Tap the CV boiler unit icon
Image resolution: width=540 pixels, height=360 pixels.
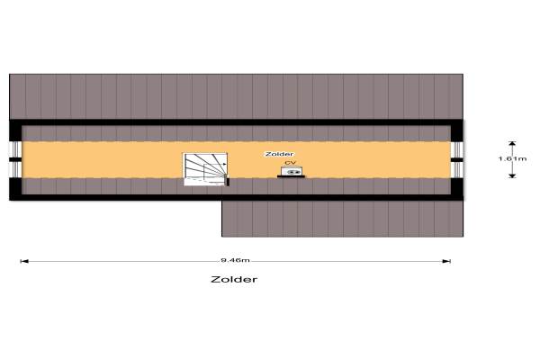(x=292, y=170)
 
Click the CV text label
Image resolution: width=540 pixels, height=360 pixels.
(x=290, y=163)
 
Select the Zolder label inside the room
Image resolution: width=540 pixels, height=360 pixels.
(x=279, y=155)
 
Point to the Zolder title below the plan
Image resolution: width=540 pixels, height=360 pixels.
(x=234, y=279)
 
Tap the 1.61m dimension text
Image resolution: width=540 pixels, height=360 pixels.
(x=512, y=158)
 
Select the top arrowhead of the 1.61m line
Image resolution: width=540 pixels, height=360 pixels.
(x=512, y=142)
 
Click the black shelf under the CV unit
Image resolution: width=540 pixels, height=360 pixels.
(x=291, y=176)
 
